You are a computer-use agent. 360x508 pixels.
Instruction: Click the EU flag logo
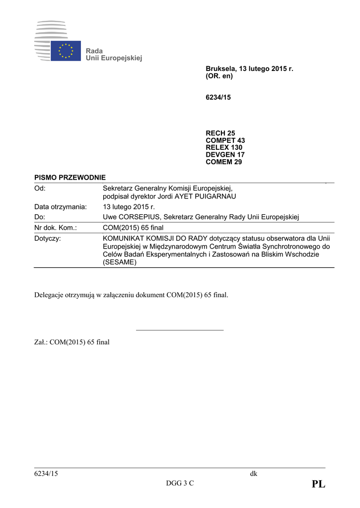66,51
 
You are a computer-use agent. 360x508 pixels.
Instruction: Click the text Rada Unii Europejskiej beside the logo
114,55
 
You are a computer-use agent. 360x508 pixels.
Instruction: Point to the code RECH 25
220,133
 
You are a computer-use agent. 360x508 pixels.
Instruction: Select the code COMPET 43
225,140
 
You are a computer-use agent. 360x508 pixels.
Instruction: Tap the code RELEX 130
224,147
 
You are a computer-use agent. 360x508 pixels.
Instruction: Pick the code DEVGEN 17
225,155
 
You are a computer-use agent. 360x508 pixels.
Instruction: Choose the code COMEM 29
224,162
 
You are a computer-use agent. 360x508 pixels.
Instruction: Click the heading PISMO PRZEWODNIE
70,178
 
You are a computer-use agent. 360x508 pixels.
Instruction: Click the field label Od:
40,188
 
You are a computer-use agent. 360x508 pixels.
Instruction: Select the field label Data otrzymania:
61,207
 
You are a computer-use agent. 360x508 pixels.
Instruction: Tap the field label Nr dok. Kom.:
55,228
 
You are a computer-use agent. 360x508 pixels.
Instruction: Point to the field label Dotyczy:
48,239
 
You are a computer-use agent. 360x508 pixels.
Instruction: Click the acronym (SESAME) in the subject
119,262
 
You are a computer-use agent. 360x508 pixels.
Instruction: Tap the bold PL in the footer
318,485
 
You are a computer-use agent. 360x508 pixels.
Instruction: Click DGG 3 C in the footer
180,484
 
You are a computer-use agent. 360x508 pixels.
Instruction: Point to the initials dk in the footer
253,474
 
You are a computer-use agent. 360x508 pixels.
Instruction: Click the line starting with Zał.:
72,342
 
